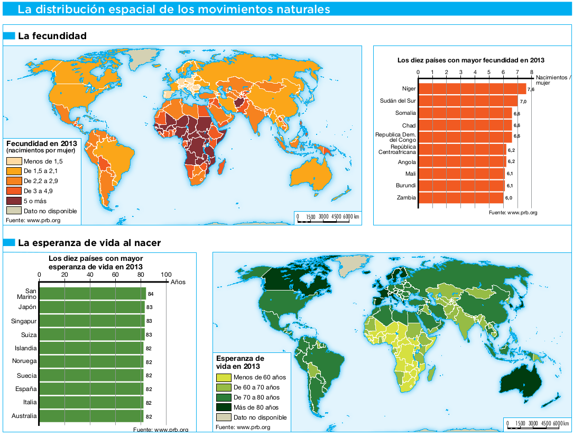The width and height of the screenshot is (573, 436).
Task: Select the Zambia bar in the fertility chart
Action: pyautogui.click(x=460, y=198)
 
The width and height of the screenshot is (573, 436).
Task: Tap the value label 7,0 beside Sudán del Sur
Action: pyautogui.click(x=523, y=102)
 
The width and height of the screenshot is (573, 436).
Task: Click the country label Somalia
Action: pyautogui.click(x=405, y=113)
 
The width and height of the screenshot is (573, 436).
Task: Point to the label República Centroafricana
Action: pyautogui.click(x=396, y=150)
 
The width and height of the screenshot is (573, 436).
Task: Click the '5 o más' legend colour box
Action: pyautogui.click(x=14, y=201)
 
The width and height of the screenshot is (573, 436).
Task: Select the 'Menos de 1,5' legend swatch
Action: pyautogui.click(x=14, y=161)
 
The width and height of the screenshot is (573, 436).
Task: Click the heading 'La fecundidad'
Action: pyautogui.click(x=52, y=36)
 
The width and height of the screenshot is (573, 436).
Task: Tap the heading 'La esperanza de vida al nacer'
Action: pyautogui.click(x=89, y=243)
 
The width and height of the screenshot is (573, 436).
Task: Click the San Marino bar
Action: pyautogui.click(x=92, y=293)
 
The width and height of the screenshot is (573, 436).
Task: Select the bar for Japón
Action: pyautogui.click(x=91, y=307)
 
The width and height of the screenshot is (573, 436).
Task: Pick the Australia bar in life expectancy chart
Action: pyautogui.click(x=91, y=416)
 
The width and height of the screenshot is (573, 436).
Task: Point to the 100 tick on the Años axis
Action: pyautogui.click(x=166, y=275)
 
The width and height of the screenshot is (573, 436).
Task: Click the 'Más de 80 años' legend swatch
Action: pyautogui.click(x=224, y=407)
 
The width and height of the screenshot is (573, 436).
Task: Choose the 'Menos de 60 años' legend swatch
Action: pyautogui.click(x=224, y=377)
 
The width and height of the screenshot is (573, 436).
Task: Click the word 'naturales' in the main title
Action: pyautogui.click(x=302, y=9)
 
